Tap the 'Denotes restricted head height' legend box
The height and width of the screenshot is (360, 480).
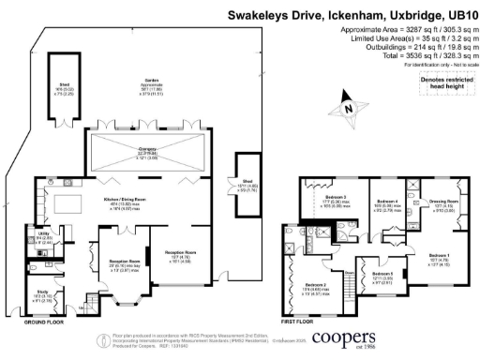443,84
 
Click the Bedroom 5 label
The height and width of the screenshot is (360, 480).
378,275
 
